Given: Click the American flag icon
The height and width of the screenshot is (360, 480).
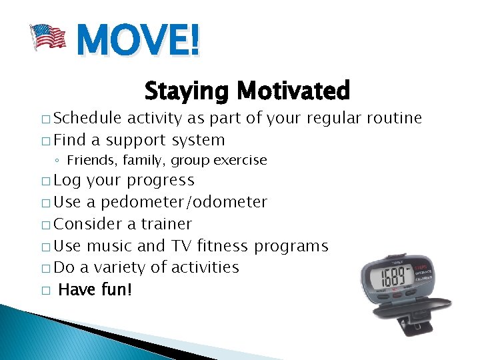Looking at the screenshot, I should [49, 37].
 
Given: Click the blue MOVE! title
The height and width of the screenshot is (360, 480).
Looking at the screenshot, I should [137, 41].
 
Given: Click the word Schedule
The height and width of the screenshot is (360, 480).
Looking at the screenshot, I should [87, 118].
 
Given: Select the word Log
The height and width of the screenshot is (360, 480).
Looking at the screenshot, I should [67, 180].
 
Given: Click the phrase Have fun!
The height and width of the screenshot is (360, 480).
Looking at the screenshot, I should [95, 289].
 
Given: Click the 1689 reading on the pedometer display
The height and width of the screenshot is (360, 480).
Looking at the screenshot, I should [389, 275].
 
